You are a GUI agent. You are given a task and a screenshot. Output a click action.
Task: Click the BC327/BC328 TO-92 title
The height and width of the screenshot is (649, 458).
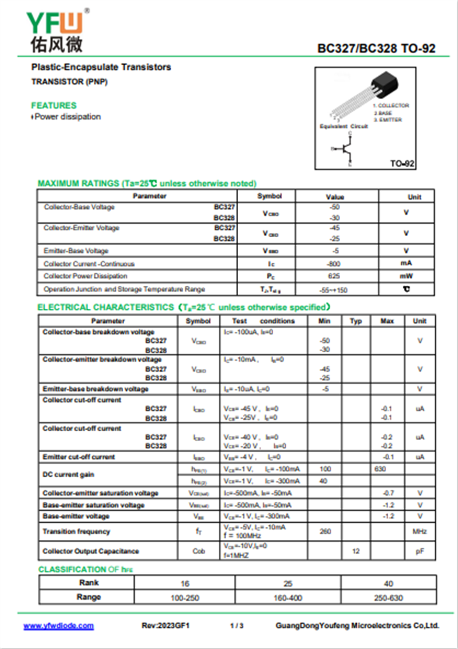click(x=376, y=49)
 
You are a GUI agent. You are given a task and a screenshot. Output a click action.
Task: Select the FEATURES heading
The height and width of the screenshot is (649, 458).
click(x=53, y=105)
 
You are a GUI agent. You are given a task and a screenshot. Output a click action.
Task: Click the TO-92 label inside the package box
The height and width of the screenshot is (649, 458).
click(x=402, y=164)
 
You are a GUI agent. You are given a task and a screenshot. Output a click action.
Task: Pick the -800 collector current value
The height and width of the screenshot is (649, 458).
click(x=335, y=264)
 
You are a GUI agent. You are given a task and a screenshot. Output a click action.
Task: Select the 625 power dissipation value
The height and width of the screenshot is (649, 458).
click(x=335, y=277)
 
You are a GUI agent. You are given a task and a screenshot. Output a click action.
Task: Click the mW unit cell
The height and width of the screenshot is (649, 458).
click(x=406, y=277)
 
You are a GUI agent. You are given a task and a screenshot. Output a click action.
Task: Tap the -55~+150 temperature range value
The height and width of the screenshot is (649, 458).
click(x=335, y=290)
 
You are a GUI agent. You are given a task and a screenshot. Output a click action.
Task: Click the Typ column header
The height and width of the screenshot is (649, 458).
click(x=356, y=321)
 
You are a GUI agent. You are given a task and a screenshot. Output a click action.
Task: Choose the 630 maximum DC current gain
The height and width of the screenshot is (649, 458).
click(x=380, y=469)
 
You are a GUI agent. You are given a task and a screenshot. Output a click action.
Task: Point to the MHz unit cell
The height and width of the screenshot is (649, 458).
click(x=420, y=532)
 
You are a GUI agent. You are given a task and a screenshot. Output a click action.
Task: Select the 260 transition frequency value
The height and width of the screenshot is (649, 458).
click(x=325, y=532)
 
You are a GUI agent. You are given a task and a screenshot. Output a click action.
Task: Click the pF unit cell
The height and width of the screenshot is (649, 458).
click(x=420, y=551)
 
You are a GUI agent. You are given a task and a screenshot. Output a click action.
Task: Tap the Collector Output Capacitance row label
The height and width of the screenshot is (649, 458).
click(x=90, y=551)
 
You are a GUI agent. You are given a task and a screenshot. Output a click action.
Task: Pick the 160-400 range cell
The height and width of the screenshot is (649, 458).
click(x=287, y=598)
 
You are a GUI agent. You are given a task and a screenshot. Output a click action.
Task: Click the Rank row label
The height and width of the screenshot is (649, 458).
click(x=88, y=583)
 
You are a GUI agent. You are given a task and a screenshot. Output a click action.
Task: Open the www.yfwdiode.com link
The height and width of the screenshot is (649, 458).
click(x=58, y=626)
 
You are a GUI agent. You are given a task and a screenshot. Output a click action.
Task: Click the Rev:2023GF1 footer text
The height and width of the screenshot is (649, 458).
click(x=165, y=626)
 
